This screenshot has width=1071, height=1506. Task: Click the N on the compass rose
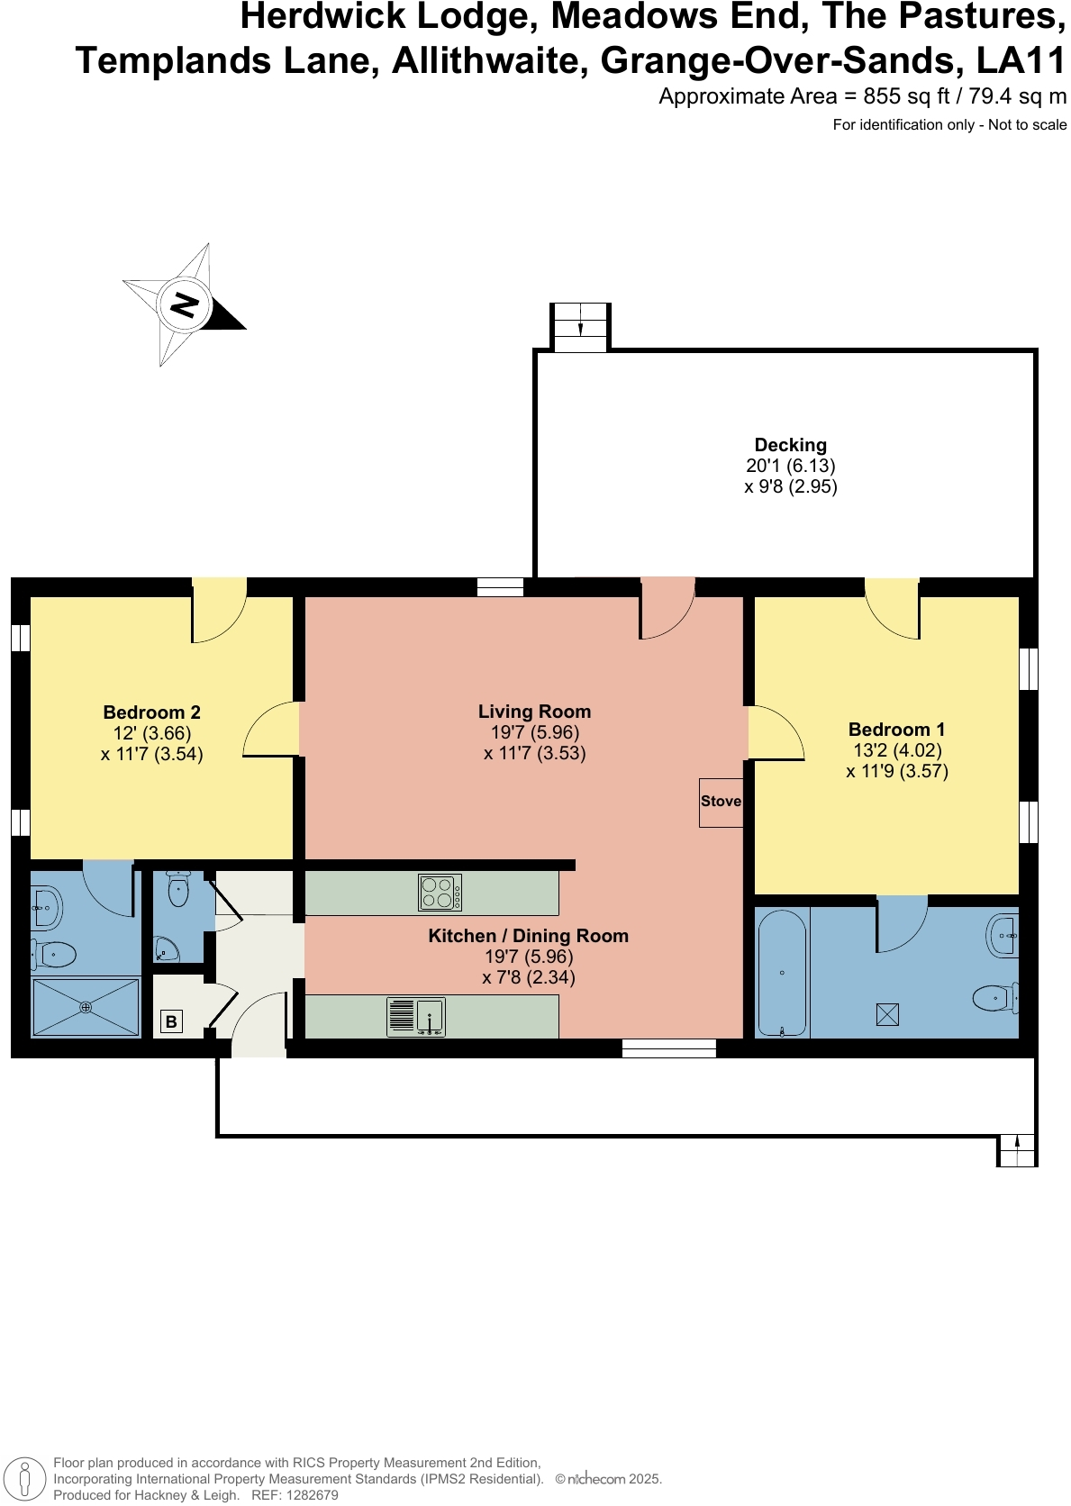tap(185, 304)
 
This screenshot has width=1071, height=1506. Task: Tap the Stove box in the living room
tap(721, 802)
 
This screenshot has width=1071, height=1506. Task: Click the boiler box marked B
tap(171, 1021)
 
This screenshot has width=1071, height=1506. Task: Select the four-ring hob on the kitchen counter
tap(440, 893)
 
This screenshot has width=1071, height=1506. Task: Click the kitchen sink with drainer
tap(416, 1016)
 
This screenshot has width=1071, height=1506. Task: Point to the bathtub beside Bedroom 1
tap(782, 973)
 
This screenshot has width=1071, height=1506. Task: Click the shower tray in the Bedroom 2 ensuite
tap(86, 1007)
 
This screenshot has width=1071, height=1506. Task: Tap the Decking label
tap(790, 445)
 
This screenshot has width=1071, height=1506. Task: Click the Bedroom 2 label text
tap(151, 712)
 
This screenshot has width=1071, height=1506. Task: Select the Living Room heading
tap(534, 712)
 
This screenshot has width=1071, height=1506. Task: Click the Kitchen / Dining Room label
tap(528, 936)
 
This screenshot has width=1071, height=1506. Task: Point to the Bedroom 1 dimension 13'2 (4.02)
tap(897, 750)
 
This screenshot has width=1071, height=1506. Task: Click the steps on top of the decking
tap(580, 326)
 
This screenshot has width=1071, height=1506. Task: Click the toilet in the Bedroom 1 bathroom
tap(994, 997)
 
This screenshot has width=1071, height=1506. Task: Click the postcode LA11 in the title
tap(1021, 61)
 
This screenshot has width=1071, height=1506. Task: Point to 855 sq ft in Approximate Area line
tap(905, 96)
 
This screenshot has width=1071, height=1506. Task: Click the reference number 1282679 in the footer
tap(309, 1495)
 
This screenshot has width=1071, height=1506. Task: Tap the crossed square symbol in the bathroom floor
tap(887, 1015)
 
